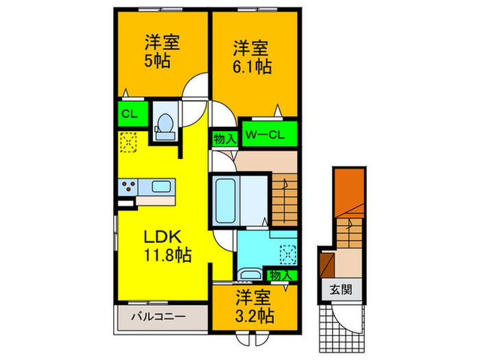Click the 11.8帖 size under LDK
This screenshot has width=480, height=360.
click(x=167, y=255)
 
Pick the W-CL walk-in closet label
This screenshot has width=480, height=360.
click(x=268, y=133)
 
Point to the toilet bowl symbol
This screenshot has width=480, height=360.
click(x=165, y=125)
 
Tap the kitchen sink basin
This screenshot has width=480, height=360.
click(x=163, y=186)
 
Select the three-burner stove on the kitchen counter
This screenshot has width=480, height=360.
click(x=128, y=186)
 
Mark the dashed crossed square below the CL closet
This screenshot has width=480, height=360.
click(x=128, y=142)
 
